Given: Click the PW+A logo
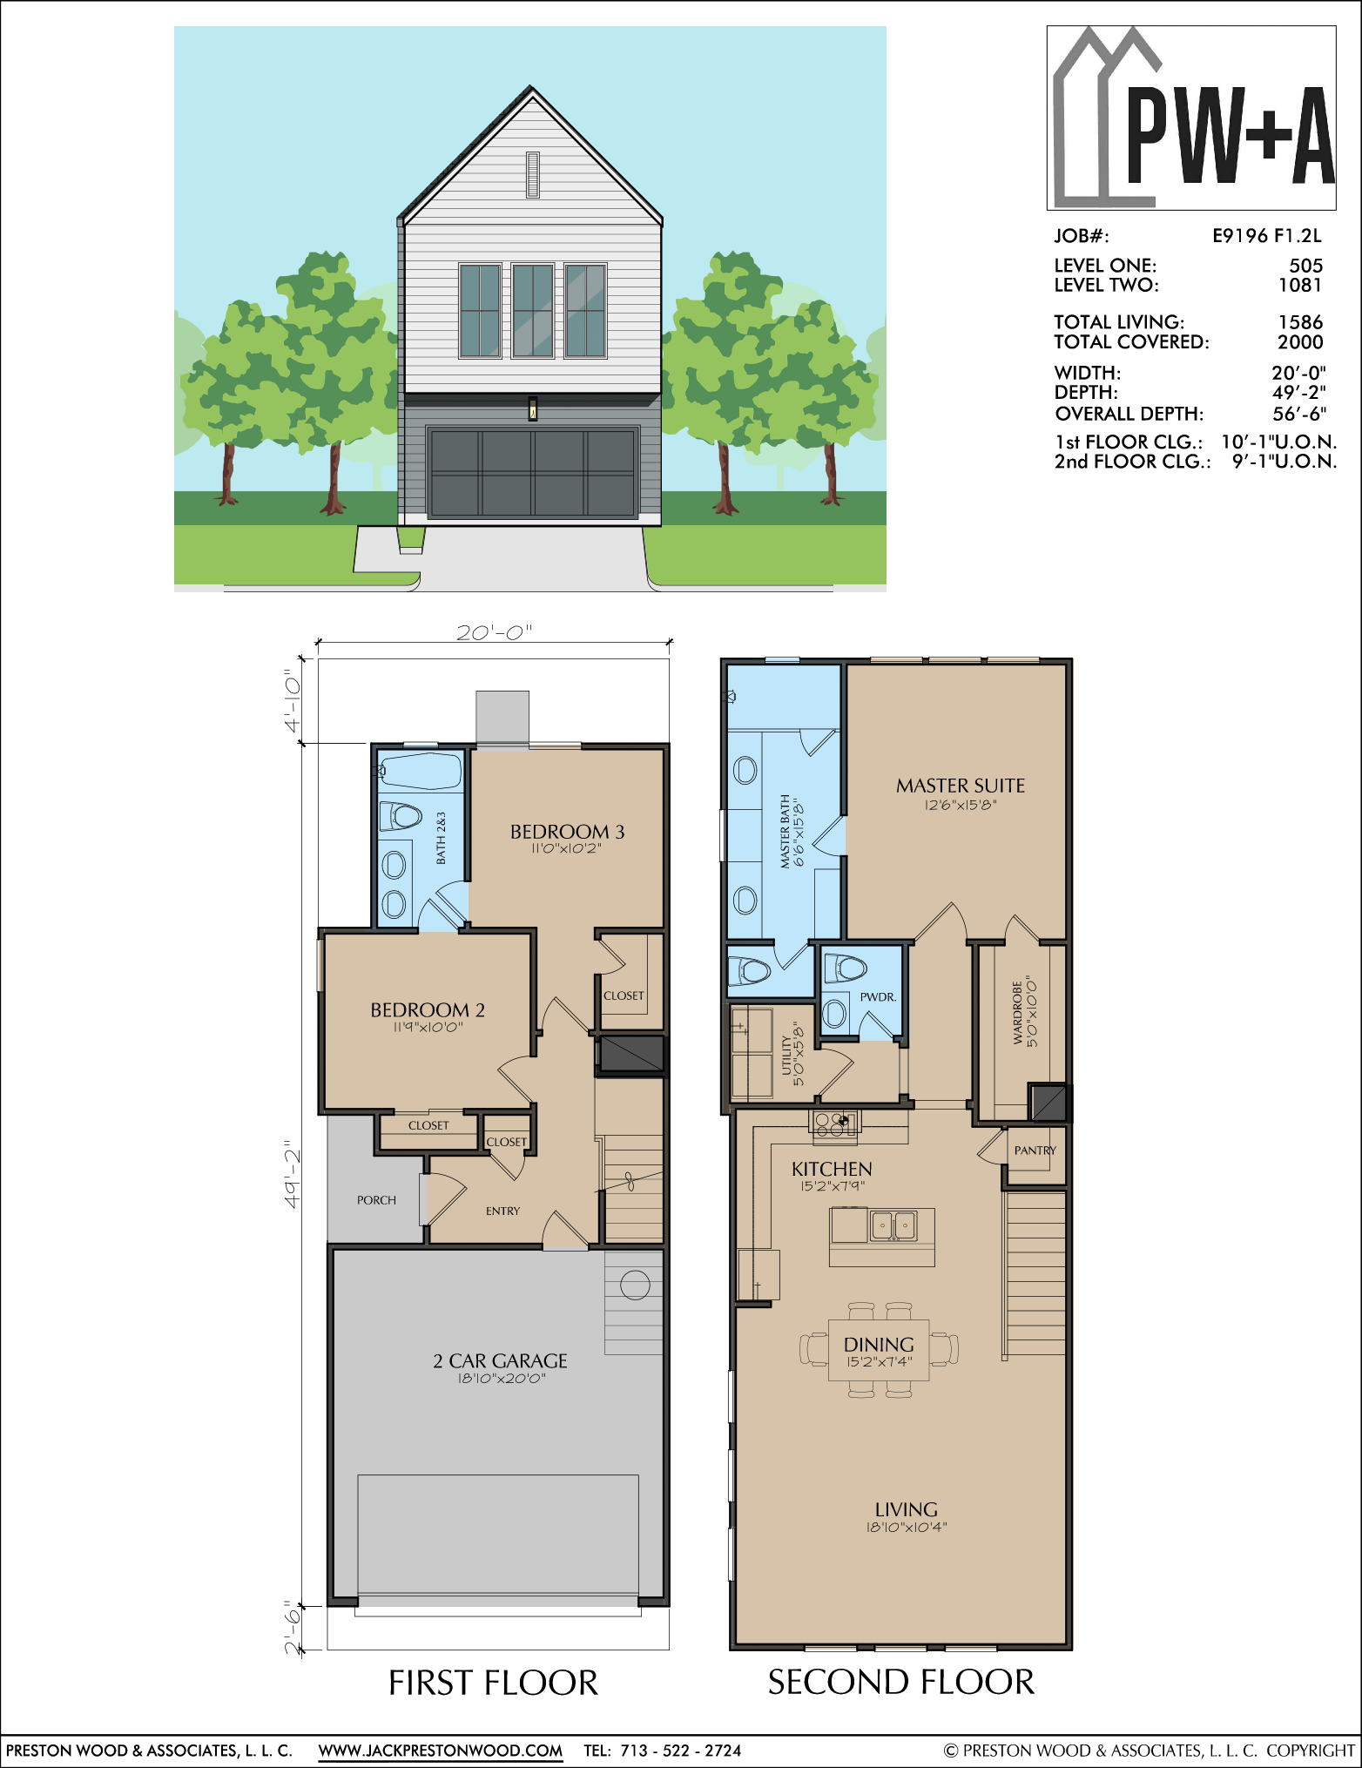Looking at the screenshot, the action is [1191, 118].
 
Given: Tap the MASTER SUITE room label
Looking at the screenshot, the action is [961, 786].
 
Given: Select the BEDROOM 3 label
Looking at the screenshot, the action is [567, 832].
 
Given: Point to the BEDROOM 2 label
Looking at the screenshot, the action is [428, 1010].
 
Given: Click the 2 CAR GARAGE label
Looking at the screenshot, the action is [500, 1360].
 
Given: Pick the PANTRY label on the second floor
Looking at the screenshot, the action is [1035, 1151].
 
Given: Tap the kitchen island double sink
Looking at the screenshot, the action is [893, 1225].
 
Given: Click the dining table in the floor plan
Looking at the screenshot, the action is [879, 1349].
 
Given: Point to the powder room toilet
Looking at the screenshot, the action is [844, 967].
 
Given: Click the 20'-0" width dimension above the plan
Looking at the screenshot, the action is [494, 632].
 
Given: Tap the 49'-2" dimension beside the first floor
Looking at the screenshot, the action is [293, 1174].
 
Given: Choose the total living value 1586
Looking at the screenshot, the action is [1300, 322].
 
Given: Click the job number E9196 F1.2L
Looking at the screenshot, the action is [1267, 235].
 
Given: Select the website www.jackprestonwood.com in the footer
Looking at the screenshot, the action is [440, 1750].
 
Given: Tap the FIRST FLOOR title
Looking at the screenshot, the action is [493, 1683].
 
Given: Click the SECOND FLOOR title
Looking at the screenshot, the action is [900, 1682].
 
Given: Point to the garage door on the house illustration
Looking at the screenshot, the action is [532, 473].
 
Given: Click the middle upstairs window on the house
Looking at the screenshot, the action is [533, 311].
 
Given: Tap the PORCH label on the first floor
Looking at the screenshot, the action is [376, 1200].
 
